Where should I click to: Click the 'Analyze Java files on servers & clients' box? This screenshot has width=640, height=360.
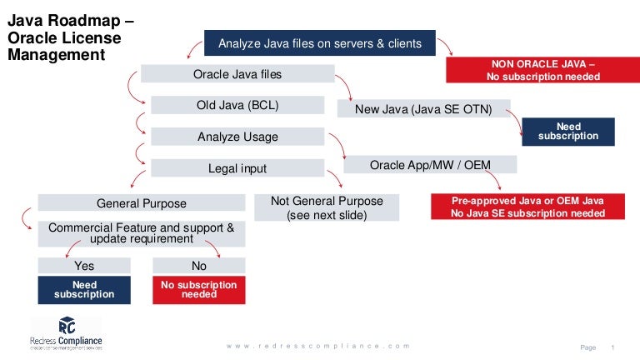click(320, 43)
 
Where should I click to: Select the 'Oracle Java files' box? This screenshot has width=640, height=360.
click(237, 74)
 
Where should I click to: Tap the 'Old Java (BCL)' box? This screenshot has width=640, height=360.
click(237, 105)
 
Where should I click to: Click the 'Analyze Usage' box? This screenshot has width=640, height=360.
click(237, 137)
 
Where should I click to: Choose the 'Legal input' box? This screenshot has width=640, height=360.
click(237, 168)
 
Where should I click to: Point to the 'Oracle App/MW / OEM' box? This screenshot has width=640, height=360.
click(430, 165)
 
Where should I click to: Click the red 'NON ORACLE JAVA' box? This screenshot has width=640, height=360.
click(542, 70)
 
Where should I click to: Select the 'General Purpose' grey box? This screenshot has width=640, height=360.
click(142, 203)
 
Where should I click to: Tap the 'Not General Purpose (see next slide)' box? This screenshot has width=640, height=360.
click(327, 207)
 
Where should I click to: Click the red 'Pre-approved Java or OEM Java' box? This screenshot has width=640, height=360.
click(527, 207)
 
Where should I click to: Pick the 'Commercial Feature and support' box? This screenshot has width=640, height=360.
click(142, 232)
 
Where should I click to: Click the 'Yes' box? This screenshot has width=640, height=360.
click(84, 266)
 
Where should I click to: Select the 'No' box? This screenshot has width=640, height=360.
click(199, 266)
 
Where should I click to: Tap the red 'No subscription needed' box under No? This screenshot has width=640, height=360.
click(199, 289)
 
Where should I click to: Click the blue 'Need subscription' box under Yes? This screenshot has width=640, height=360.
click(84, 289)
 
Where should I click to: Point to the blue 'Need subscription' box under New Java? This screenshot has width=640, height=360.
click(568, 132)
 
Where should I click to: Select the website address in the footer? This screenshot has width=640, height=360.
click(319, 345)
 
